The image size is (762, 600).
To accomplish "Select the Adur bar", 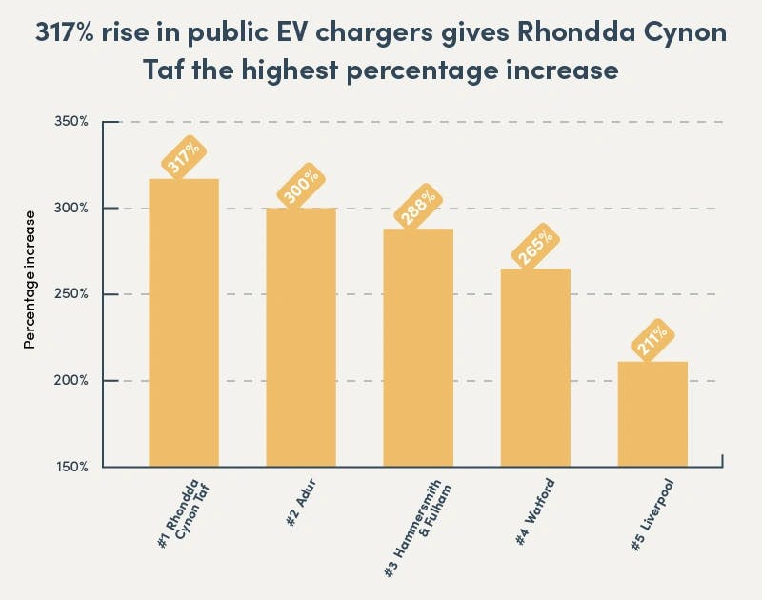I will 301,337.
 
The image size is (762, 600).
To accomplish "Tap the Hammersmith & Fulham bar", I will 418,348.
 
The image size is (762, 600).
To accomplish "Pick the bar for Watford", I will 535,368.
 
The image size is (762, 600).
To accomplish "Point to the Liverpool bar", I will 652,414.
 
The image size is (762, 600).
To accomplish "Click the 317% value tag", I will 184,158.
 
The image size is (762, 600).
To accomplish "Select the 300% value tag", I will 301,187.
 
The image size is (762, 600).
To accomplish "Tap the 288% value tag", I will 418,209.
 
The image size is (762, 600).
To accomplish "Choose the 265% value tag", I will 535,248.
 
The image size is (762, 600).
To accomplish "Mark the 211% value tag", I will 652,341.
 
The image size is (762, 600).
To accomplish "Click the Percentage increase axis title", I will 30,279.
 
